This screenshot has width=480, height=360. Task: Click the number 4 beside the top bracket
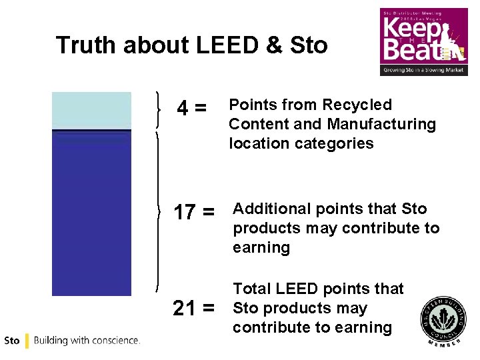coord(181,107)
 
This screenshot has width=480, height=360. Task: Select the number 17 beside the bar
coord(184,212)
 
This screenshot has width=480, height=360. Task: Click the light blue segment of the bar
coord(91,110)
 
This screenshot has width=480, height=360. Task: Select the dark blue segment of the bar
coord(91,213)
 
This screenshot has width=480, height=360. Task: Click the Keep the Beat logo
coord(423,41)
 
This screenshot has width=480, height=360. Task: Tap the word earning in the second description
coord(261,247)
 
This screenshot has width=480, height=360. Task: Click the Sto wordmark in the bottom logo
coord(12,341)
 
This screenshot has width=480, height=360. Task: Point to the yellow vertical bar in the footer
coord(27,341)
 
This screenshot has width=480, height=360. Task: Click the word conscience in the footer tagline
coord(114,341)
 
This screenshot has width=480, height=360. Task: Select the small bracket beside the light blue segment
coord(158,110)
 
